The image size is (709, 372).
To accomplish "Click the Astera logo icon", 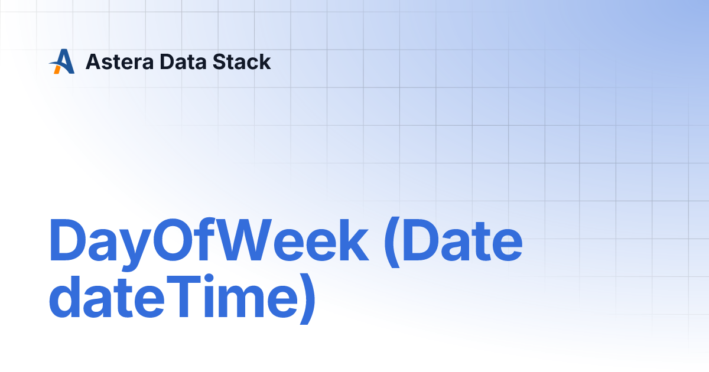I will click(62, 61).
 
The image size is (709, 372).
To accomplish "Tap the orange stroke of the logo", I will click(57, 68).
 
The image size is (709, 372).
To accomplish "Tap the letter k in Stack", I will click(265, 61).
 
